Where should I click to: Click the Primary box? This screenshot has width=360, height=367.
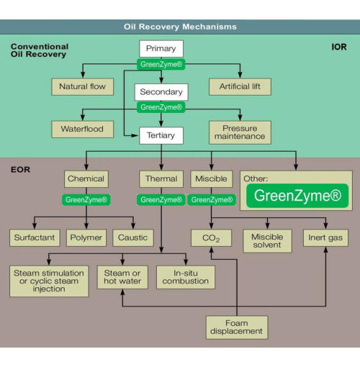(x=161, y=49)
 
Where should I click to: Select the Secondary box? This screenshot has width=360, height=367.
(x=161, y=92)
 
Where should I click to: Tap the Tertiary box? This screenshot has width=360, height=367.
(x=161, y=135)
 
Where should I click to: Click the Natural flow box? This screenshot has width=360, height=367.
(x=83, y=86)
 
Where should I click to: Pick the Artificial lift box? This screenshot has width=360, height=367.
(x=240, y=86)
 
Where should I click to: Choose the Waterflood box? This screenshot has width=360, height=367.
(x=83, y=129)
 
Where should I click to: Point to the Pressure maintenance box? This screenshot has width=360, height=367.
(x=240, y=132)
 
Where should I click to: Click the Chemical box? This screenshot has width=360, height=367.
(x=86, y=179)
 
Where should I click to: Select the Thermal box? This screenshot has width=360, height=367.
(x=161, y=179)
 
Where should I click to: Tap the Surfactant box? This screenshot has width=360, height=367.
(x=35, y=237)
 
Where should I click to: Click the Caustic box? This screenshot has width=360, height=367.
(x=133, y=237)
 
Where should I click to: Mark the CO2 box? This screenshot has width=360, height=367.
(x=211, y=238)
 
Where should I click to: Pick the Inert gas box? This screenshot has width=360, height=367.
(x=325, y=238)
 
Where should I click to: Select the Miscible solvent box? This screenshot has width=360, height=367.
(x=267, y=241)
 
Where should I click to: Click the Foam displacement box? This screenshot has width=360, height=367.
(x=237, y=327)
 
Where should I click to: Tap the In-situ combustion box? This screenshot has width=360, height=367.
(x=186, y=277)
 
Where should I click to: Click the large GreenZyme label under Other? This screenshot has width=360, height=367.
(x=297, y=196)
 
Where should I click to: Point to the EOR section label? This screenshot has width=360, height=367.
(x=20, y=170)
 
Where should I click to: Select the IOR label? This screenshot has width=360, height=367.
(x=339, y=47)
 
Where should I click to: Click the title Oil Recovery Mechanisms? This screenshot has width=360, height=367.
(x=180, y=27)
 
